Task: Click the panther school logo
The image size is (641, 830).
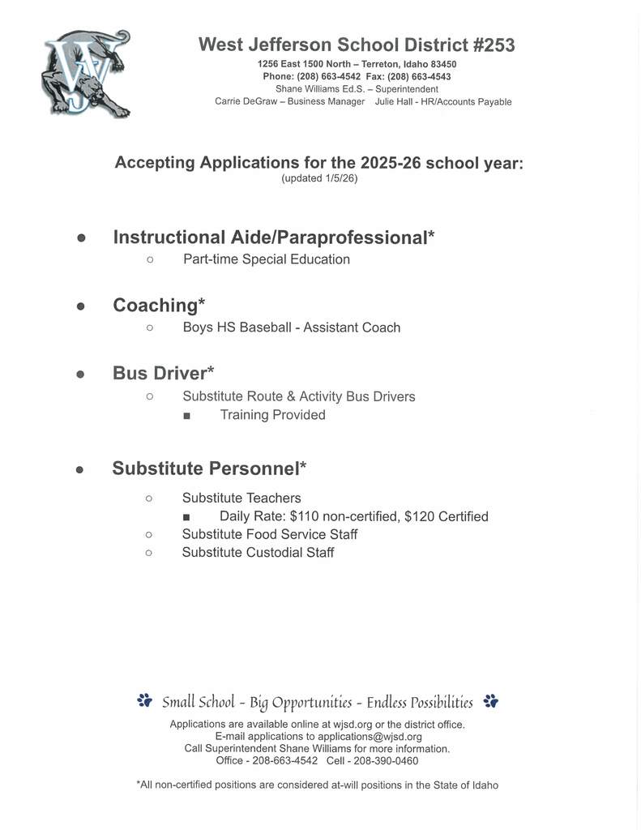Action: (85, 74)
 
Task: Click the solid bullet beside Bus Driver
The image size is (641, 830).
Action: (80, 374)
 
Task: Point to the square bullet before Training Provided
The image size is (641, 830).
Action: (187, 416)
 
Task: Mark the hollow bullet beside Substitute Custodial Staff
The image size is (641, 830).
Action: (149, 553)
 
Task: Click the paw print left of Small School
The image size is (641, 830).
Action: (145, 700)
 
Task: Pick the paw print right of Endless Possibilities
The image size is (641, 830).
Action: (490, 700)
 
